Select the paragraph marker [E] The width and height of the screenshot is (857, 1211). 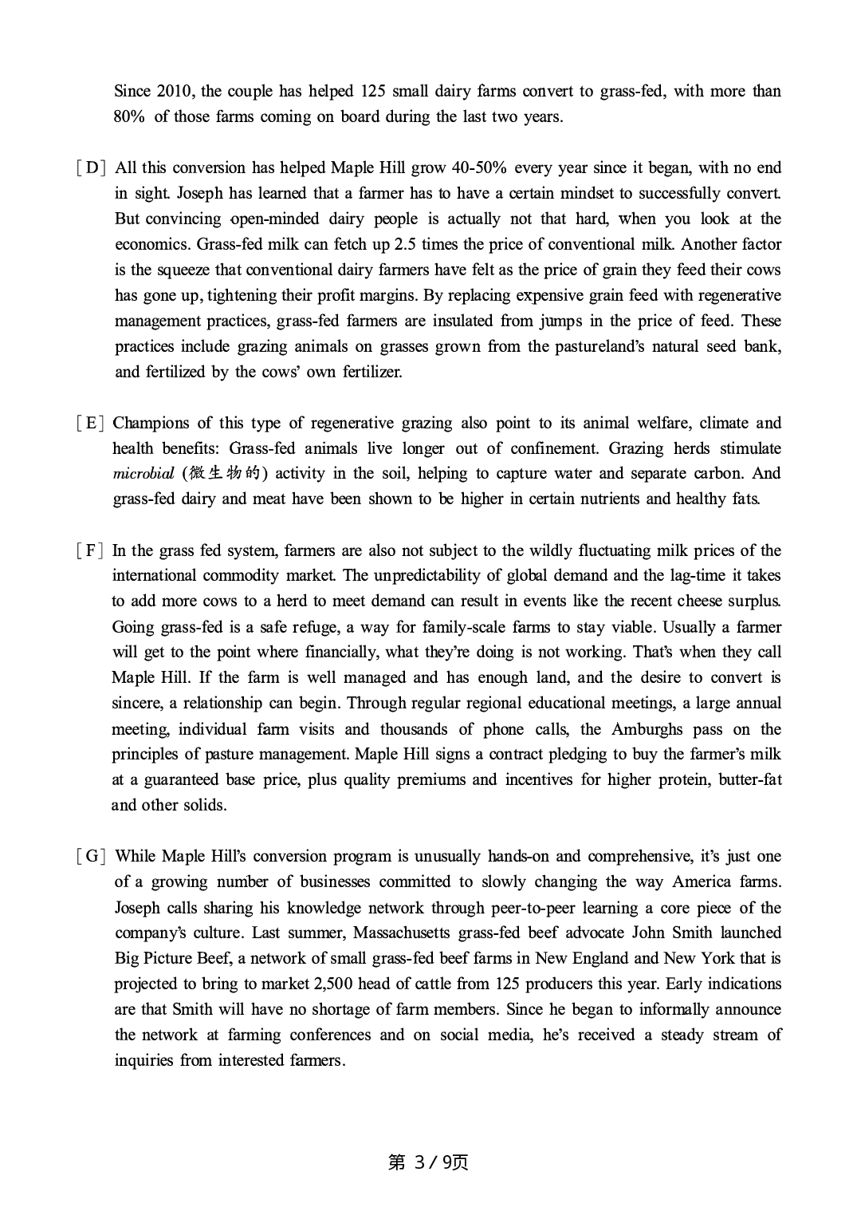[91, 424]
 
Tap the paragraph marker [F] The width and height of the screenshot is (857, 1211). [91, 551]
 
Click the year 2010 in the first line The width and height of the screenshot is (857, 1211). [175, 92]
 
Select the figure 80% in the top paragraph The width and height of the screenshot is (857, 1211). [129, 117]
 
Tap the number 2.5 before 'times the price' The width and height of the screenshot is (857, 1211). [405, 245]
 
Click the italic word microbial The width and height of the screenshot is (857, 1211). [143, 474]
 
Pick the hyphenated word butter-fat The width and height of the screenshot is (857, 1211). [749, 780]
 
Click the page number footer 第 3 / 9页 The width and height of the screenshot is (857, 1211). [428, 1162]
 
